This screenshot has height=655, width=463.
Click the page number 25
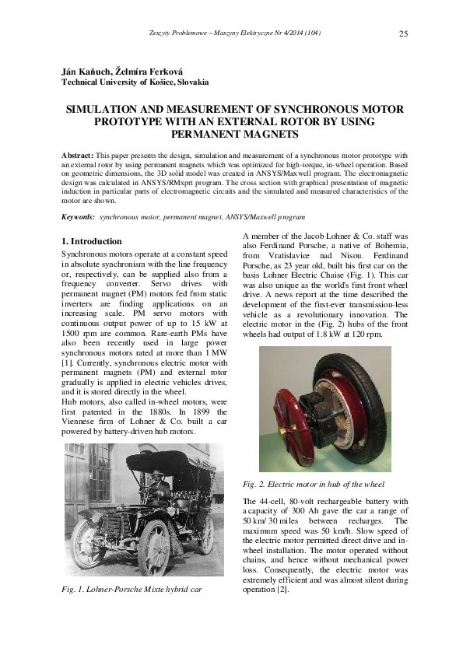[403, 33]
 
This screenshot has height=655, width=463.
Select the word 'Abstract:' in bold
[77, 156]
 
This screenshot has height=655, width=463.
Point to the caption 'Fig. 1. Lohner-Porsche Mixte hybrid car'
[131, 589]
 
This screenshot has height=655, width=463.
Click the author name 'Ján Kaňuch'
[84, 71]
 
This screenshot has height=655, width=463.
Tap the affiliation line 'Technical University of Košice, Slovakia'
[135, 81]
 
